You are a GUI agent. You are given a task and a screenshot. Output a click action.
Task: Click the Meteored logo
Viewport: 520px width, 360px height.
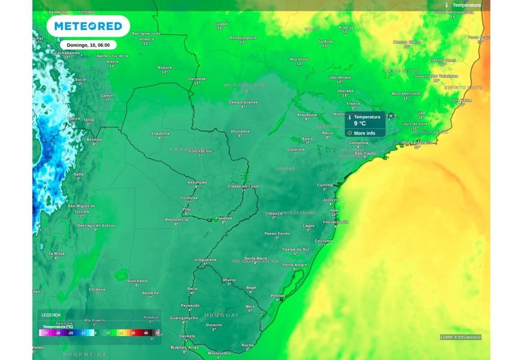(x=88, y=26)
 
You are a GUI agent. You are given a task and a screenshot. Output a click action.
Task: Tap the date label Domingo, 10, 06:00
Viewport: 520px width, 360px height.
(x=88, y=45)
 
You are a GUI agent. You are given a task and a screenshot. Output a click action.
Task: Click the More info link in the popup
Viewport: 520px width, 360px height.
(x=364, y=133)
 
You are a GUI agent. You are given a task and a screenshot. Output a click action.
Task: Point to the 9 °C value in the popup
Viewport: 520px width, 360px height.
(x=360, y=123)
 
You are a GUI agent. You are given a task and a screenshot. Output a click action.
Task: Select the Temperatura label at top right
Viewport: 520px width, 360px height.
(x=466, y=5)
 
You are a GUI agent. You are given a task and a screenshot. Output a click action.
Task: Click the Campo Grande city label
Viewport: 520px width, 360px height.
(x=243, y=102)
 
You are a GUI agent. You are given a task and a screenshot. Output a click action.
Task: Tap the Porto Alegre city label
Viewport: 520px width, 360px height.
(x=295, y=265)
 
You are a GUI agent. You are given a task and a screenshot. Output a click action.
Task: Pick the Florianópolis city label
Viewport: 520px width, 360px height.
(x=336, y=222)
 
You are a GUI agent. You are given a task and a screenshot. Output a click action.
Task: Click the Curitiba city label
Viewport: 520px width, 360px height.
(x=324, y=185)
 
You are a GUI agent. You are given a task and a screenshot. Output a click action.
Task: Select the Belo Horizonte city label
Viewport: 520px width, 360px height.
(x=406, y=93)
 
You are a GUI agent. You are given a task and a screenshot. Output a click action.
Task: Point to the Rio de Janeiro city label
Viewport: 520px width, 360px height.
(x=417, y=143)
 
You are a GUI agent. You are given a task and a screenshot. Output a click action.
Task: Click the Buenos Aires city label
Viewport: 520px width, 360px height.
(x=185, y=347)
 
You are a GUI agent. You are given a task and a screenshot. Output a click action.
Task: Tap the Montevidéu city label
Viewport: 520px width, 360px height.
(x=219, y=353)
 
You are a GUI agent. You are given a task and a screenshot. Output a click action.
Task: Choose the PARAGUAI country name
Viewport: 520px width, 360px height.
(x=186, y=149)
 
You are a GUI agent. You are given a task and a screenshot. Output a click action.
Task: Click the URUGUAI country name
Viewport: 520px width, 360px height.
(x=221, y=315)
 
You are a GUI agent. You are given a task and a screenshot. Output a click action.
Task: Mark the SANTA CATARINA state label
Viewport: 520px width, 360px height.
(x=297, y=213)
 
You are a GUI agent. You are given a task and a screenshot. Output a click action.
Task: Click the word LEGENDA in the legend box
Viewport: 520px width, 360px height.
(x=51, y=315)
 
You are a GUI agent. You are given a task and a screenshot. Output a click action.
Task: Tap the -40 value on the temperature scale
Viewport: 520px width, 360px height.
(x=45, y=333)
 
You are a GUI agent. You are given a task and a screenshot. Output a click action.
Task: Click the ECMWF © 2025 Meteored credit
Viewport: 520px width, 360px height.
(x=460, y=337)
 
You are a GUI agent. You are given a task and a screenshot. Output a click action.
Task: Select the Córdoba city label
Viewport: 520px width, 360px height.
(x=97, y=289)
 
